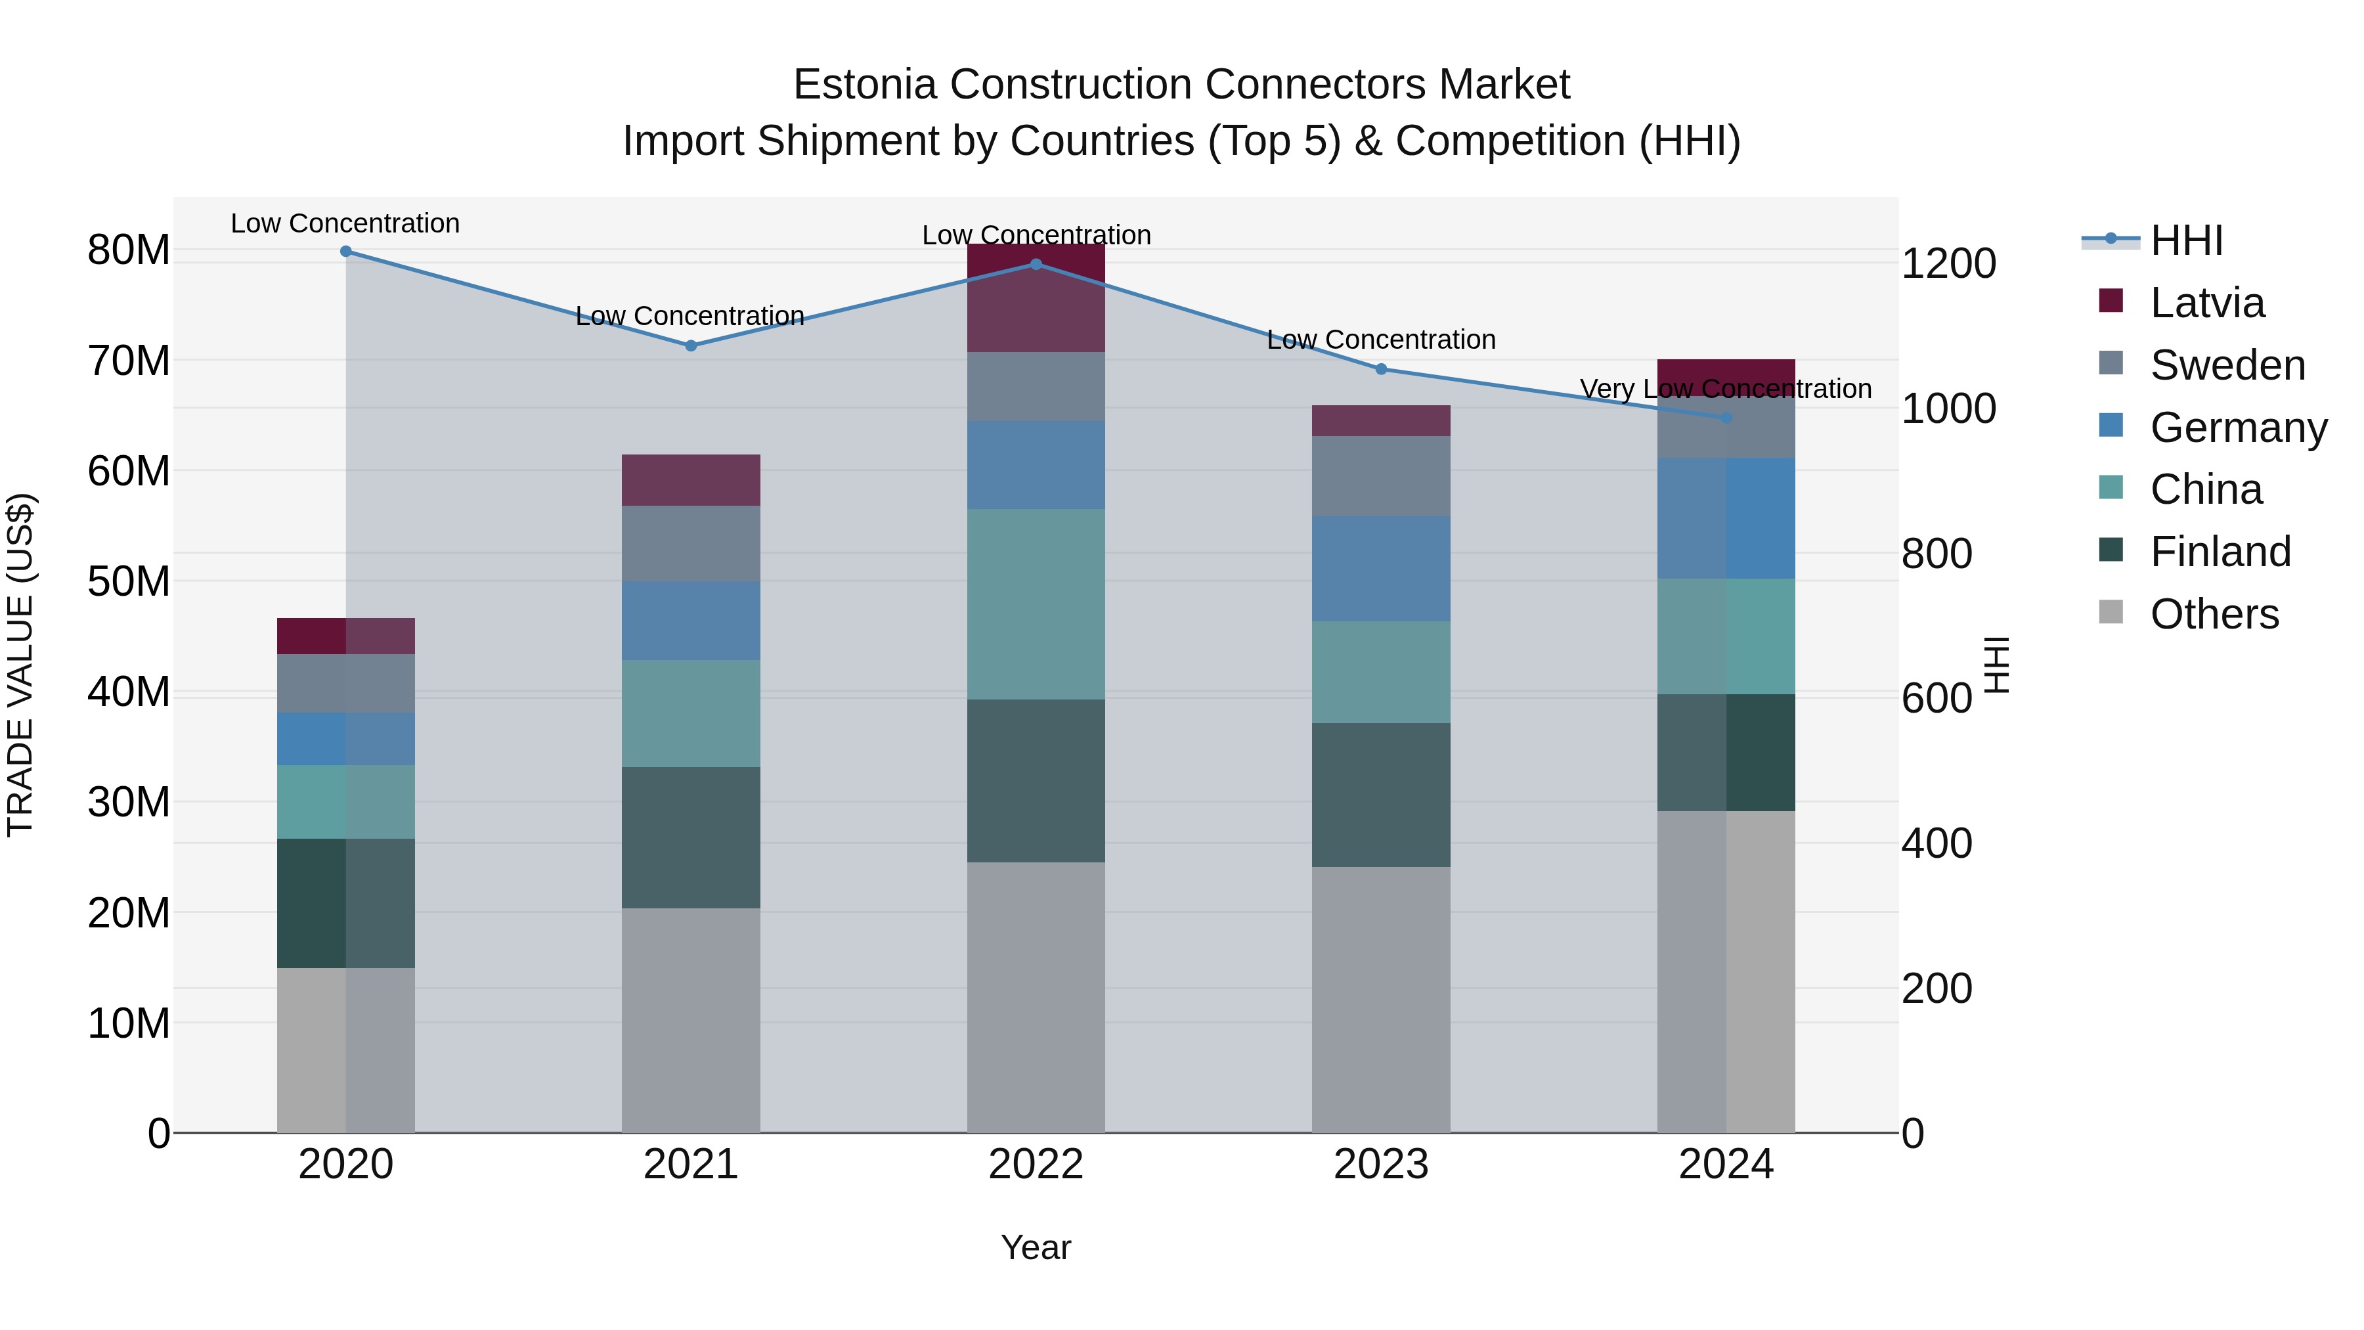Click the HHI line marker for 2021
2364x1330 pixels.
point(691,346)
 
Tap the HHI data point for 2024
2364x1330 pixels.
point(1726,418)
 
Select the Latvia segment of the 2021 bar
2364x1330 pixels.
point(691,480)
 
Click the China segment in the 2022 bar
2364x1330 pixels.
point(1036,604)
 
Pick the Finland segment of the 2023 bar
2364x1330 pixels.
point(1381,795)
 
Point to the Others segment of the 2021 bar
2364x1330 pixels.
point(691,1020)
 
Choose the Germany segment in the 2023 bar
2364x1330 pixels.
point(1381,568)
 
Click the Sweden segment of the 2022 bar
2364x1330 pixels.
point(1036,386)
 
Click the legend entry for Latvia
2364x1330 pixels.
point(2207,303)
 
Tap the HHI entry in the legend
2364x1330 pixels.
point(2186,240)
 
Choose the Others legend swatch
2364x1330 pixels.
point(2111,612)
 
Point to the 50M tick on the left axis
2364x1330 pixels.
point(129,582)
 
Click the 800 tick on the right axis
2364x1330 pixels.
point(1937,554)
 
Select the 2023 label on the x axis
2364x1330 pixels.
point(1381,1164)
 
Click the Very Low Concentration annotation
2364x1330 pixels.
point(1725,389)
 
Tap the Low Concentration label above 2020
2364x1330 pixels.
point(345,223)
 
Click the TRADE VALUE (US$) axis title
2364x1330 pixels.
point(20,665)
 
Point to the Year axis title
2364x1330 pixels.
point(1036,1247)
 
